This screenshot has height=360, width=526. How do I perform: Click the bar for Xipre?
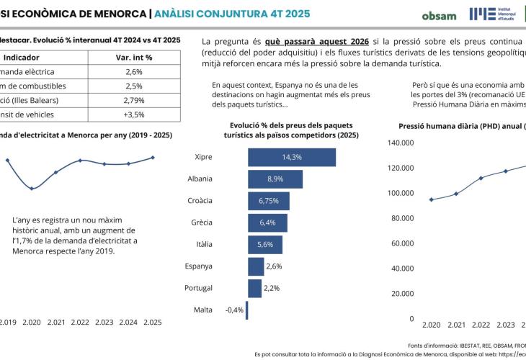(292, 157)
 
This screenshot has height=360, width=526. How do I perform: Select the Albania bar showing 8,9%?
(275, 179)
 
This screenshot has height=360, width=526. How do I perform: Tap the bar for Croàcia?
(269, 200)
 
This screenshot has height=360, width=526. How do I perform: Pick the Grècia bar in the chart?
(267, 222)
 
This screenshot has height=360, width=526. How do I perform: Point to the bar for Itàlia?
(265, 244)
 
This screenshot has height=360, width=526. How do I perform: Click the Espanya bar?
(256, 266)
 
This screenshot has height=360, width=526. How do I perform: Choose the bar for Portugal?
(254, 288)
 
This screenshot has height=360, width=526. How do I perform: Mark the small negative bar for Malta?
(246, 310)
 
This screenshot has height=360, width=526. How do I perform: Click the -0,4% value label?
(234, 310)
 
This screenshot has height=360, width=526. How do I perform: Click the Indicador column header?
(22, 57)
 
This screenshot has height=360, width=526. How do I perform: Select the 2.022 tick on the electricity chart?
(80, 322)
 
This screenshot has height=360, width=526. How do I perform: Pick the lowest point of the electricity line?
(32, 189)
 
